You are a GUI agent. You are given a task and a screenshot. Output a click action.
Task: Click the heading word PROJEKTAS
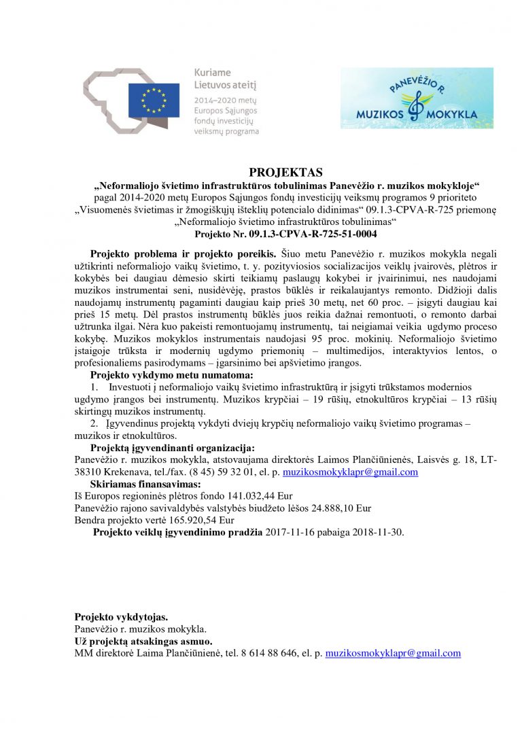pyautogui.click(x=285, y=172)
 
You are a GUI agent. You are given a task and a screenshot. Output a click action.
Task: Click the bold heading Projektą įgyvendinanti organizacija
pyautogui.click(x=173, y=447)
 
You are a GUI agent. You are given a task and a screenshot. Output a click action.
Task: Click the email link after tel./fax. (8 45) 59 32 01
pyautogui.click(x=350, y=472)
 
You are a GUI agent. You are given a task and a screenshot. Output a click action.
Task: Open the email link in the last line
pyautogui.click(x=393, y=653)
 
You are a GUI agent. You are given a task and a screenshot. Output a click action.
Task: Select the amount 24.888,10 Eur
pyautogui.click(x=338, y=508)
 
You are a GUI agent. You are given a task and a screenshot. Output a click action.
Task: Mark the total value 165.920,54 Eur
pyautogui.click(x=190, y=521)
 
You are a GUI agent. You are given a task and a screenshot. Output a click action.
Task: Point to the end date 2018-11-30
pyautogui.click(x=377, y=533)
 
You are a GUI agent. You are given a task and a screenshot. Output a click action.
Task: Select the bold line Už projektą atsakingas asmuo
pyautogui.click(x=143, y=641)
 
